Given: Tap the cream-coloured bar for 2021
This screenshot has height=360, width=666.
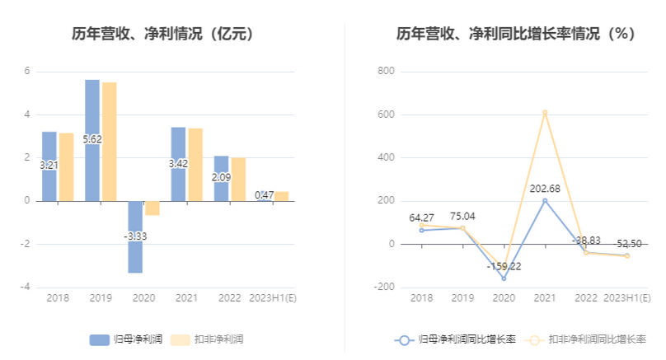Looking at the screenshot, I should (x=195, y=164).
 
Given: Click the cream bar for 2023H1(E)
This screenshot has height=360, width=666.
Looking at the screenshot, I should (x=281, y=196).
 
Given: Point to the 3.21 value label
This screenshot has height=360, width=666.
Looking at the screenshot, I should (x=49, y=166).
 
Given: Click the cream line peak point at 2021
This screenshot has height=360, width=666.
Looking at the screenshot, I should (x=545, y=112).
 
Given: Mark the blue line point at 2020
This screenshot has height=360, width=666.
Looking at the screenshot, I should (x=504, y=278).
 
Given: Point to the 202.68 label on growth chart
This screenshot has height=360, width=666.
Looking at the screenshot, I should (x=545, y=189).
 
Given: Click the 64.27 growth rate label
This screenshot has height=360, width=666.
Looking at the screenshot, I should (x=421, y=218).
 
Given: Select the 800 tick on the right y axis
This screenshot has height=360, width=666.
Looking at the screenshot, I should (x=386, y=72).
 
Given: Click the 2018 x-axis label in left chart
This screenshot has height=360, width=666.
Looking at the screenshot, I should (x=58, y=297).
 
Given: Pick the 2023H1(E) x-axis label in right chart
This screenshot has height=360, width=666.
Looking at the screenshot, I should (x=626, y=297).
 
